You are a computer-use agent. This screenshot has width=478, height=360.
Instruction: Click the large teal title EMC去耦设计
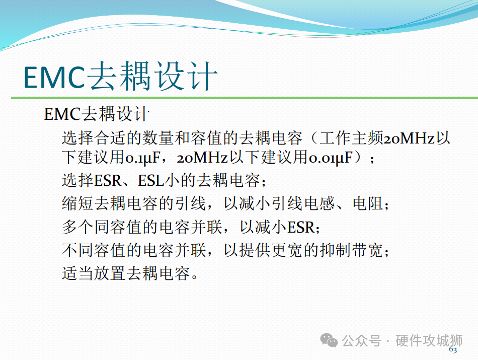point(120,76)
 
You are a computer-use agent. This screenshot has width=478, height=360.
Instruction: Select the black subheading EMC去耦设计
point(97,114)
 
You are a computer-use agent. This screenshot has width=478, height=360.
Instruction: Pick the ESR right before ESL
point(108,180)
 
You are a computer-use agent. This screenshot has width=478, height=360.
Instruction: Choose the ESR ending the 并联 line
point(301,227)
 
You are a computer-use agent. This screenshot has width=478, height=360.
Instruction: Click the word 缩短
point(77,204)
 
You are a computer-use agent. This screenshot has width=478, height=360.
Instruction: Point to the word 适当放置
point(94,273)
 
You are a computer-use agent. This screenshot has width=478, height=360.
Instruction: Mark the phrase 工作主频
point(352,138)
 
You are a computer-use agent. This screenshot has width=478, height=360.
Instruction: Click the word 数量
point(158,138)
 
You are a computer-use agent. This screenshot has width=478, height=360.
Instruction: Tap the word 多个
point(77,227)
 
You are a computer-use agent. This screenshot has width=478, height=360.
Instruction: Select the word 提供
point(255,250)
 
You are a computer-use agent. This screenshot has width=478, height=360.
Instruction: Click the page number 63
point(453,349)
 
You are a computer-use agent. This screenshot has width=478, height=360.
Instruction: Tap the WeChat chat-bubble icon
point(329,340)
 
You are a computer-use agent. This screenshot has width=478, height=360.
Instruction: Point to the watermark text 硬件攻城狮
point(429,340)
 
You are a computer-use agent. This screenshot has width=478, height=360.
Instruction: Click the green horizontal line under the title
point(245,98)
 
